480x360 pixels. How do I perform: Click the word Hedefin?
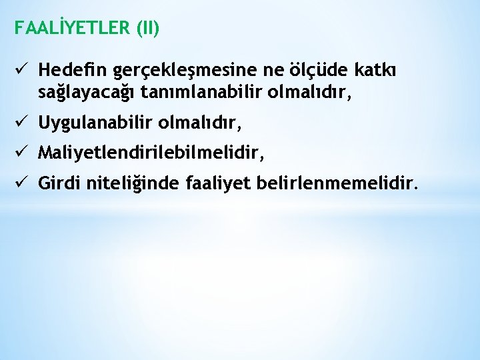[x=73, y=69]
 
